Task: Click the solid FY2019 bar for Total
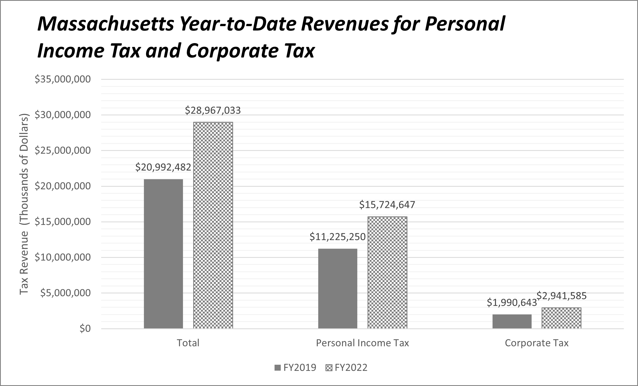tap(163, 253)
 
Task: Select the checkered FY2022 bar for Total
tap(213, 225)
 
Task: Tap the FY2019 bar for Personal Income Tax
tap(338, 288)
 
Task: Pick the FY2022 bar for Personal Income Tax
tap(387, 272)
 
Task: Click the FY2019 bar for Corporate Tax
tap(512, 321)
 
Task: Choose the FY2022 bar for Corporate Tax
tap(561, 318)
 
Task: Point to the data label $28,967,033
tap(213, 110)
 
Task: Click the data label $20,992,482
tap(163, 167)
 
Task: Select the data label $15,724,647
tap(387, 205)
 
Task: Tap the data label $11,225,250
tap(338, 237)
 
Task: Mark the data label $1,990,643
tap(512, 303)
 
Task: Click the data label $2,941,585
tap(561, 296)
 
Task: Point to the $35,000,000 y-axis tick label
tap(63, 79)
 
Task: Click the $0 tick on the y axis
tap(85, 329)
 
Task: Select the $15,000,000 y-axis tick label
tap(63, 222)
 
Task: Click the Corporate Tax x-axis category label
tap(536, 343)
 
